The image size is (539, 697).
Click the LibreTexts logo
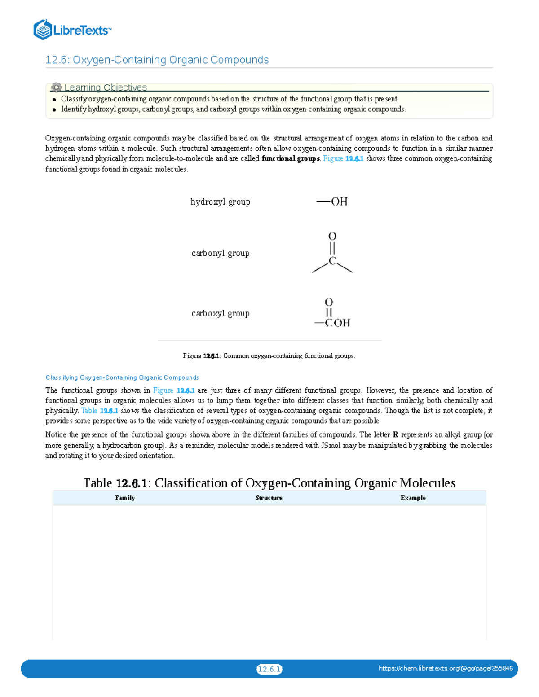[x=72, y=30]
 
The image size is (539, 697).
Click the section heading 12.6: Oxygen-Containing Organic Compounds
[x=157, y=60]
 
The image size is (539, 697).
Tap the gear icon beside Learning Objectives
[x=56, y=88]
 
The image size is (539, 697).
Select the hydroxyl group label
[x=220, y=202]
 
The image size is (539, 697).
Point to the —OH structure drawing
[x=332, y=202]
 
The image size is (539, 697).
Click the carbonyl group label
[x=220, y=253]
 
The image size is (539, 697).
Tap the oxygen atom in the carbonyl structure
[x=332, y=236]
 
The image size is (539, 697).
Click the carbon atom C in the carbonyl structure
[x=332, y=261]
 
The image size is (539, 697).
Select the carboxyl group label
[x=220, y=313]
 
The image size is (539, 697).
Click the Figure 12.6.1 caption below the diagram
[x=269, y=356]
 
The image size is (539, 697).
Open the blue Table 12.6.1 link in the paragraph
[x=99, y=411]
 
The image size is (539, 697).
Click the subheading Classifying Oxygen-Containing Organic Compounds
[x=122, y=377]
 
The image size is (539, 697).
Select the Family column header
[x=125, y=498]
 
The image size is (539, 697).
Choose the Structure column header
[x=269, y=498]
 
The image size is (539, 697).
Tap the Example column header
[x=413, y=498]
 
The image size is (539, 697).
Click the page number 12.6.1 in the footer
[x=269, y=669]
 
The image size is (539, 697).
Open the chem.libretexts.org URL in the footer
[x=446, y=668]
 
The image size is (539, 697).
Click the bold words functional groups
[x=291, y=158]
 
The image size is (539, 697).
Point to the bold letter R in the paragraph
[x=396, y=435]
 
